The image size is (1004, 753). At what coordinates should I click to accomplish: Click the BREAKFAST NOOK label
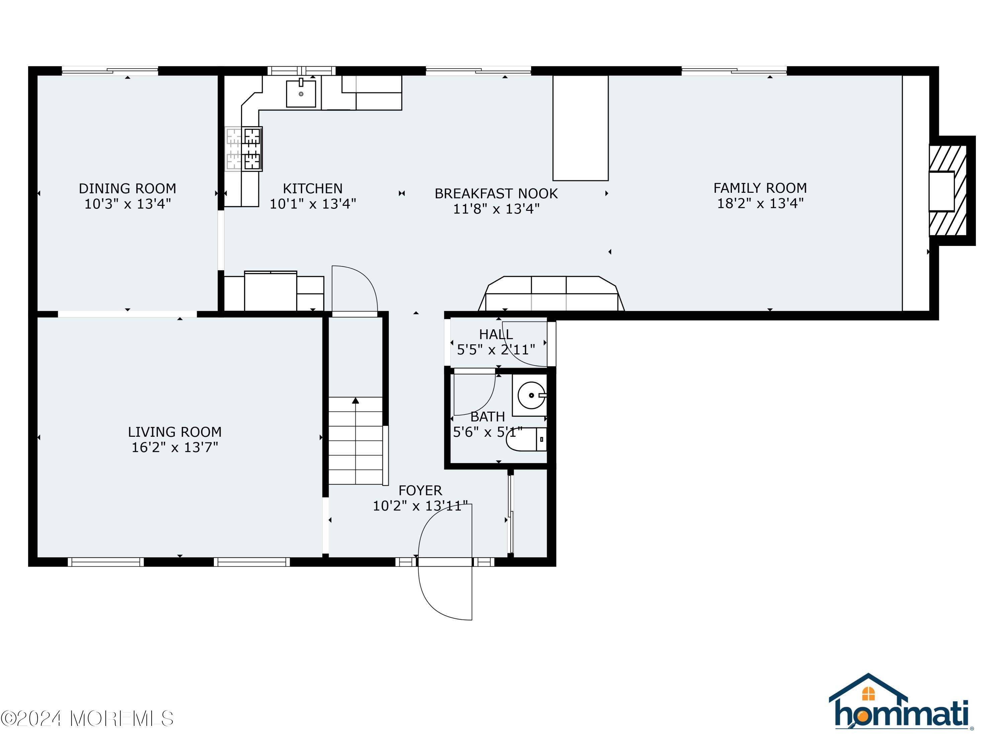(496, 194)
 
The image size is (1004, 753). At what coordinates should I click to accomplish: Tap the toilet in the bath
(526, 439)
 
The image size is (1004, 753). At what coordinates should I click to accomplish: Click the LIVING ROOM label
(174, 432)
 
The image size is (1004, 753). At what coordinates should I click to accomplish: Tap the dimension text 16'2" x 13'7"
(174, 447)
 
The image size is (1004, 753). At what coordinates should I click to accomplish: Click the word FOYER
(420, 490)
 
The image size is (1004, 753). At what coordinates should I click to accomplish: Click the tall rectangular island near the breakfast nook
(580, 128)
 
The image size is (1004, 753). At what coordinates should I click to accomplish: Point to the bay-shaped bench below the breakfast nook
(551, 295)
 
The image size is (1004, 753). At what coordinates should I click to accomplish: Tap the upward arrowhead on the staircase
(355, 400)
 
